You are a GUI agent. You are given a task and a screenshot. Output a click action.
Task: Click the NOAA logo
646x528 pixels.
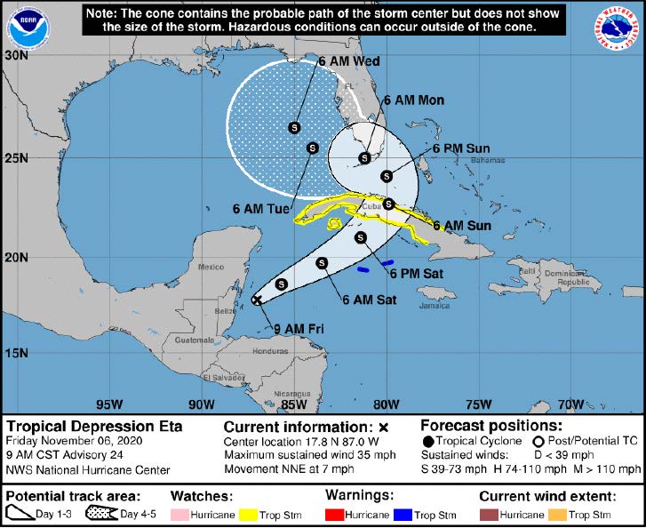click(x=28, y=28)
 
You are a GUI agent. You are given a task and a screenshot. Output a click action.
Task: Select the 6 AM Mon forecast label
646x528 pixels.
click(x=413, y=100)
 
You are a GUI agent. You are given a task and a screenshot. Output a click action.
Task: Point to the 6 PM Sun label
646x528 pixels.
click(x=461, y=148)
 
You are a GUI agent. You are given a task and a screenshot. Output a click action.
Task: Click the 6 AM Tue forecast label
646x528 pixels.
click(x=261, y=209)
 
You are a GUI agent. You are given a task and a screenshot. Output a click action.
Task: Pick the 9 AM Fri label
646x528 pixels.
click(x=298, y=329)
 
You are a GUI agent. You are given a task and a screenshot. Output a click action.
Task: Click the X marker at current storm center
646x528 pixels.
click(x=257, y=300)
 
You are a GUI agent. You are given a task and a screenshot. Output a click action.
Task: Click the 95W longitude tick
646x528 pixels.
click(x=109, y=404)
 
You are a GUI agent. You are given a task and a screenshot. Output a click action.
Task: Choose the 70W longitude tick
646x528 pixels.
click(x=571, y=404)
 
